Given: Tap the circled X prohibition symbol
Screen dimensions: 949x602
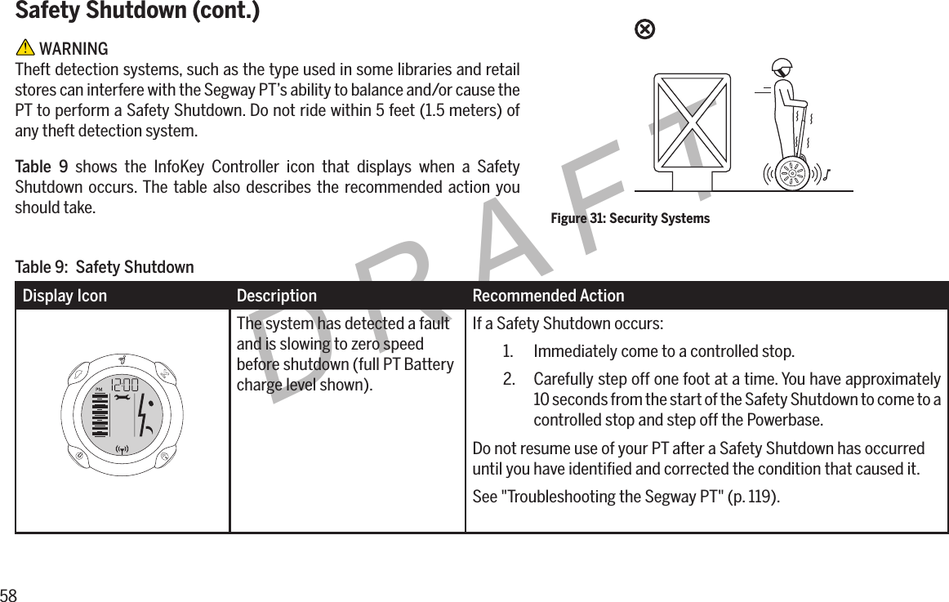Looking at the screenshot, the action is (644, 30).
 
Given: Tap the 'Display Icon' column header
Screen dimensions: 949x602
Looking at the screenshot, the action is (65, 296).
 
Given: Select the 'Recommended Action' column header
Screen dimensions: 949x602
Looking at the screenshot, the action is (548, 296).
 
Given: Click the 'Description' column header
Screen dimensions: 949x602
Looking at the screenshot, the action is (276, 296).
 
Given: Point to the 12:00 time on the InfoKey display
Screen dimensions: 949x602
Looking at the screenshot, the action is (124, 384).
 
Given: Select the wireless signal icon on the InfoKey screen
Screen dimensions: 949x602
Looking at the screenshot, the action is (123, 448).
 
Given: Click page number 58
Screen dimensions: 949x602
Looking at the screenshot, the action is (8, 594).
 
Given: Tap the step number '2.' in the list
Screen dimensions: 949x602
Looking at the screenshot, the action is (509, 381).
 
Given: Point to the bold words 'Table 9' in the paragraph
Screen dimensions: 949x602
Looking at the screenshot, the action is (38, 168).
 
